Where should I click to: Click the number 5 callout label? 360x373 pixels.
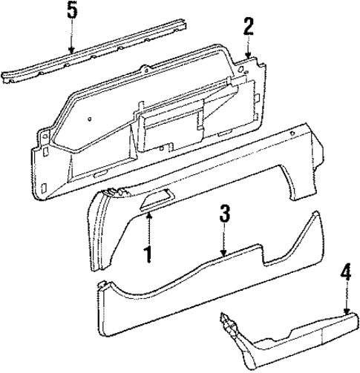pos(71,13)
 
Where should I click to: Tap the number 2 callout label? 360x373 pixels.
pos(249,27)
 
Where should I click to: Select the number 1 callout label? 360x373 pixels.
pos(148,254)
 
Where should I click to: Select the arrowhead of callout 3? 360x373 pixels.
pos(224,257)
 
